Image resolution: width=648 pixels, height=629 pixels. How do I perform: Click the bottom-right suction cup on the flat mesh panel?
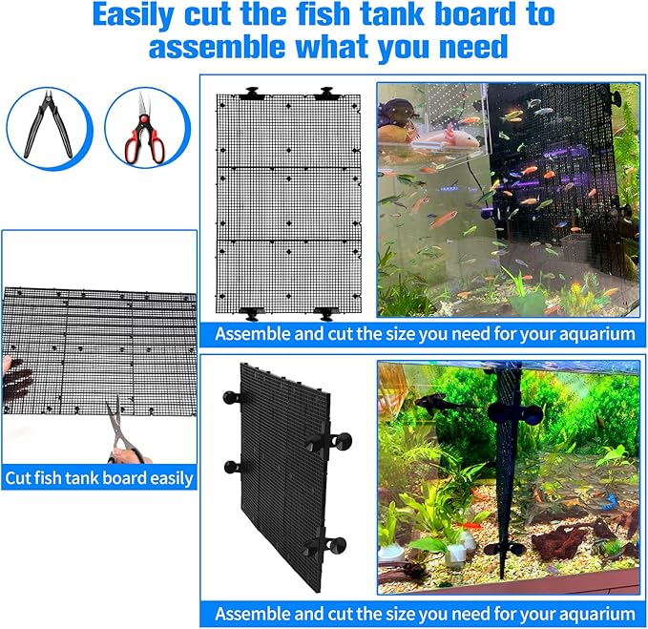coord(325,312)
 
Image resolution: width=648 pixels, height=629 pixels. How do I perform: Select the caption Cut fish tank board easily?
coord(99,477)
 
